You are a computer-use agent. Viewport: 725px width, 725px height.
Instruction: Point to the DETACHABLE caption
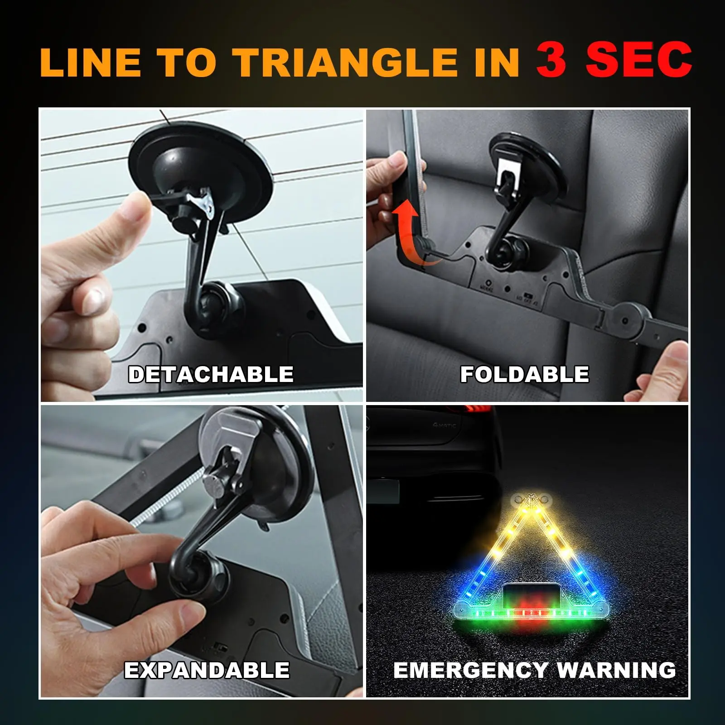tap(211, 374)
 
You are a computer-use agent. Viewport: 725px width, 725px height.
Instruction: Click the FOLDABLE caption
tap(525, 374)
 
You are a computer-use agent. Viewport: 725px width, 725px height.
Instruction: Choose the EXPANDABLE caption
tap(207, 670)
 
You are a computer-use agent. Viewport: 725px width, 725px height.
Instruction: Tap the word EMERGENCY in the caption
tap(471, 670)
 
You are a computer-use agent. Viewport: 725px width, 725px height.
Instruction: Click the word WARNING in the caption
tap(616, 670)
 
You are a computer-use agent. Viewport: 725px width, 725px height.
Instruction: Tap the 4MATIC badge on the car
tap(444, 425)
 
